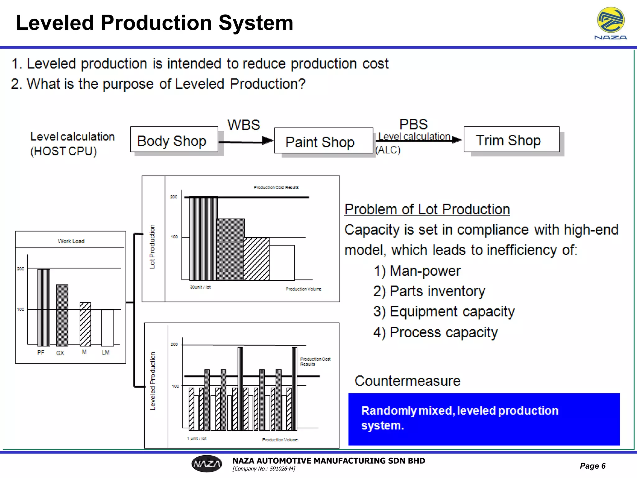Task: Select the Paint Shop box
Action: pyautogui.click(x=323, y=141)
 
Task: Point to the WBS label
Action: pyautogui.click(x=244, y=125)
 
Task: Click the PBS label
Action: pyautogui.click(x=413, y=124)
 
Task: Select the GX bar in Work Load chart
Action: pyautogui.click(x=62, y=315)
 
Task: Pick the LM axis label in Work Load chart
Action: pyautogui.click(x=106, y=352)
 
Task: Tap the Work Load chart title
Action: pyautogui.click(x=71, y=241)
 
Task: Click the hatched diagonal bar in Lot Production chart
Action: pyautogui.click(x=256, y=259)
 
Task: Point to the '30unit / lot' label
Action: pyautogui.click(x=200, y=287)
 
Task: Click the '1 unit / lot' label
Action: pyautogui.click(x=197, y=438)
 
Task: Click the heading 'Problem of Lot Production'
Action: pyautogui.click(x=427, y=209)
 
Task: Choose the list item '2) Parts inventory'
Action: pyautogui.click(x=429, y=291)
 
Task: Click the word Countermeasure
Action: pyautogui.click(x=407, y=381)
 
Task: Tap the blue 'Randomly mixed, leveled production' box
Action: pyautogui.click(x=484, y=419)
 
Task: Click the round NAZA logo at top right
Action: pyautogui.click(x=611, y=21)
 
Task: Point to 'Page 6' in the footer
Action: pyautogui.click(x=593, y=466)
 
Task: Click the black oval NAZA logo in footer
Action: pyautogui.click(x=207, y=464)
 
